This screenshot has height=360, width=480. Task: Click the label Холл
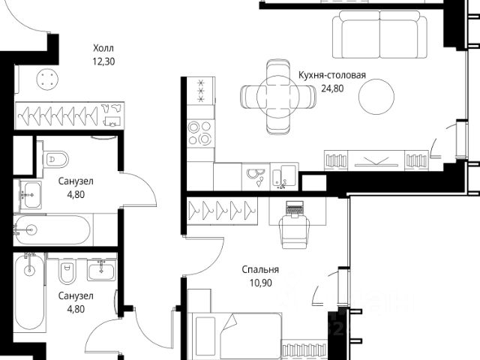coord(103,48)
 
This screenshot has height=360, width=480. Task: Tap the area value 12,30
coord(103,61)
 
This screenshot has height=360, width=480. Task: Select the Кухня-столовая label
coord(332,75)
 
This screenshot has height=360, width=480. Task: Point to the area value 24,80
coord(332,88)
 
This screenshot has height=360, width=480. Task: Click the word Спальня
coord(260,270)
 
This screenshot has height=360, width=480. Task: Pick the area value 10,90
coord(260,283)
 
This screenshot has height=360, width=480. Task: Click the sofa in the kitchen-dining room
coord(380,34)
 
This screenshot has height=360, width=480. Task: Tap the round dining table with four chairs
coord(278,97)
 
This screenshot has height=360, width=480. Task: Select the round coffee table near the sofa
coord(376,97)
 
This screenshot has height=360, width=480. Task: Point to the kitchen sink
coord(284,176)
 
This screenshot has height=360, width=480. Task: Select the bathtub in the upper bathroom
coord(52,230)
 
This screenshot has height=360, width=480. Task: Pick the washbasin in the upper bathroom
coord(31,194)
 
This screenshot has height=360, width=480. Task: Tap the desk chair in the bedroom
coord(295,231)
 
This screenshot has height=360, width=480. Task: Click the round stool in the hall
coord(47,79)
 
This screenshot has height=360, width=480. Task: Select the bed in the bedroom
coord(235,336)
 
